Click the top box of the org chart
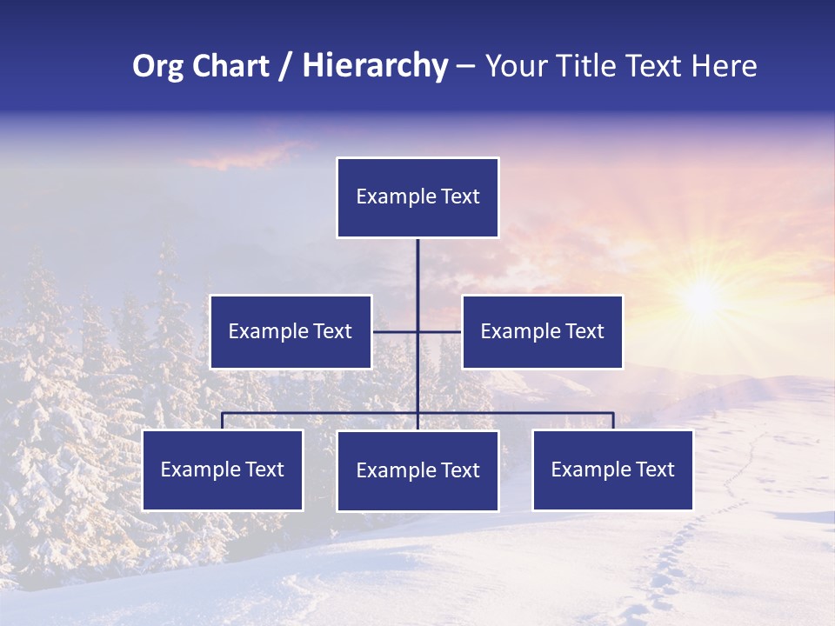417,197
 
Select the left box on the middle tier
291,331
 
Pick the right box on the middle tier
542,331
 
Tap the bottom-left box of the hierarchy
223,469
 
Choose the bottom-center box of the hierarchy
417,470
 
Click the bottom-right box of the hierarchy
612,469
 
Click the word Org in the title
154,67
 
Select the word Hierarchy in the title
375,66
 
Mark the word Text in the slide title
657,66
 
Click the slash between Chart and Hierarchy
285,67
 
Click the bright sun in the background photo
700,298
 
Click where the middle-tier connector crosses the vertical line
417,331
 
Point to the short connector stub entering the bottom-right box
613,421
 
